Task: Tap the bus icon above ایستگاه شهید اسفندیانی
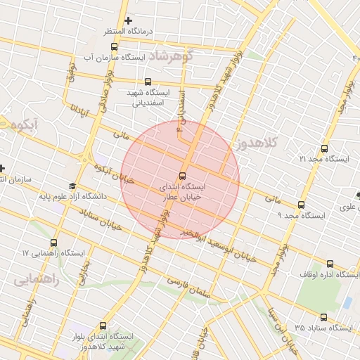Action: pos(147,82)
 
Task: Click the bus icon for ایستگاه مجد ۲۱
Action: pos(324,148)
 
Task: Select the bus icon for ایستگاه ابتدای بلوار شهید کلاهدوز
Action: pos(104,325)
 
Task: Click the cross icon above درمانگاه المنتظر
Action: pos(127,20)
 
